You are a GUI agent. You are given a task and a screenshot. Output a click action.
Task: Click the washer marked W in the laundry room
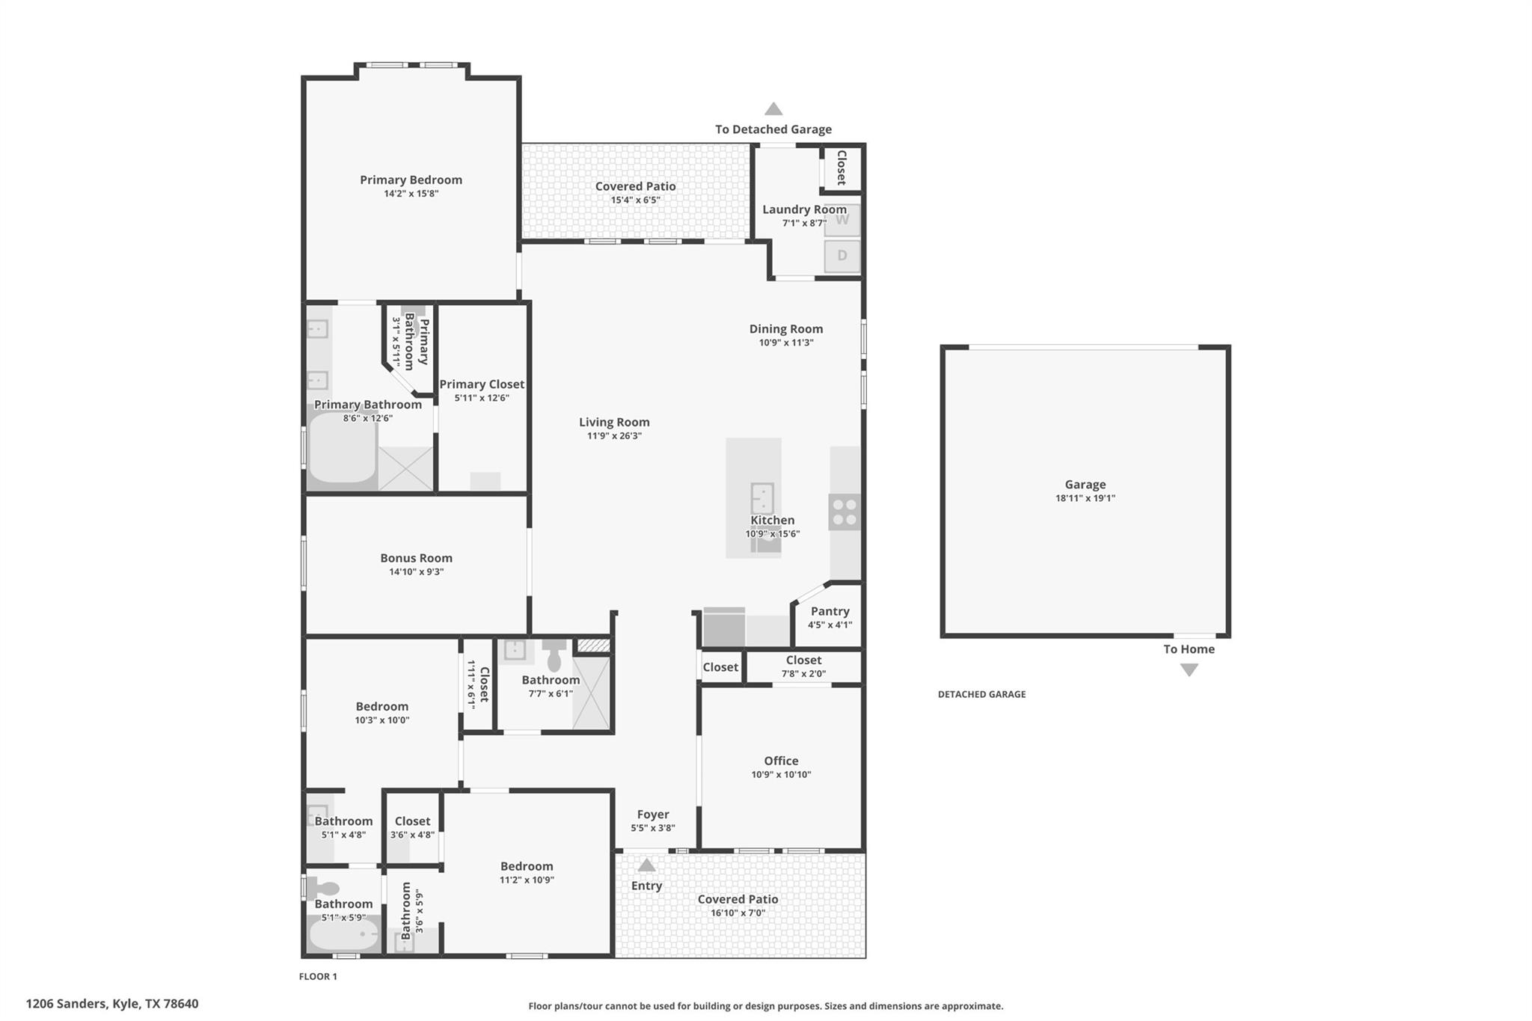pyautogui.click(x=842, y=220)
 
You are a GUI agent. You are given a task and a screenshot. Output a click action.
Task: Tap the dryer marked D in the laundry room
pyautogui.click(x=842, y=256)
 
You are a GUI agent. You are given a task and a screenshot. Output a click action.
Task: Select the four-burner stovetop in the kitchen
pyautogui.click(x=845, y=512)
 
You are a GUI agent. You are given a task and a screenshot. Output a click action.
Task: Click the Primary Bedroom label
pyautogui.click(x=411, y=180)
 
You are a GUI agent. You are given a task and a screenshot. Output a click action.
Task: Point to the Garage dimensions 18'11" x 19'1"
pyautogui.click(x=1085, y=498)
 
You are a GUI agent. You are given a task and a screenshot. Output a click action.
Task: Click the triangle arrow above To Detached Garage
pyautogui.click(x=773, y=109)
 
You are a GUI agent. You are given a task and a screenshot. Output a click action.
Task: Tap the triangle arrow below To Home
pyautogui.click(x=1189, y=670)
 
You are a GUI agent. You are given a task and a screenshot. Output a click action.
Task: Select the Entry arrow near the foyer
pyautogui.click(x=646, y=865)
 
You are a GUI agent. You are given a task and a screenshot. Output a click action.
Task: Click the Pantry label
pyautogui.click(x=830, y=611)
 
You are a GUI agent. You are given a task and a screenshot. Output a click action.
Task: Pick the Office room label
pyautogui.click(x=781, y=761)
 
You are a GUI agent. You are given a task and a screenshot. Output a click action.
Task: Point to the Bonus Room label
pyautogui.click(x=416, y=558)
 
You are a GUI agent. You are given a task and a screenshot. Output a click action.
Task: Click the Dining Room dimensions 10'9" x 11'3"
pyautogui.click(x=785, y=343)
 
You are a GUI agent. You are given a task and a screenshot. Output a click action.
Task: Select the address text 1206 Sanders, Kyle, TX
pyautogui.click(x=112, y=1004)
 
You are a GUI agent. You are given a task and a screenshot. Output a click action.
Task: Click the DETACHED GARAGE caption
pyautogui.click(x=981, y=694)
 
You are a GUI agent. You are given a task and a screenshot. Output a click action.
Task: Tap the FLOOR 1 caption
pyautogui.click(x=318, y=976)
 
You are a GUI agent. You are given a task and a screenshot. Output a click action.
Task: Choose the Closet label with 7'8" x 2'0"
pyautogui.click(x=803, y=660)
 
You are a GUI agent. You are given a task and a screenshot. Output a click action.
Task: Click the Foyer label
pyautogui.click(x=652, y=815)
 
